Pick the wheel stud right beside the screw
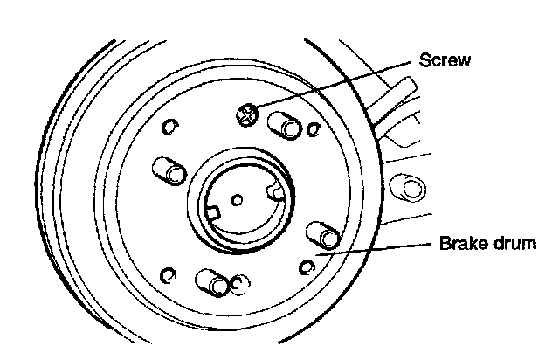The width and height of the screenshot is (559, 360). click(286, 125)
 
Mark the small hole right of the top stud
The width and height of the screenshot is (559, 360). click(314, 130)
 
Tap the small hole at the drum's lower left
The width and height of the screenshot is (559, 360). click(167, 277)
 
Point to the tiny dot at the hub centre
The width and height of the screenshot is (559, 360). click(236, 199)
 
